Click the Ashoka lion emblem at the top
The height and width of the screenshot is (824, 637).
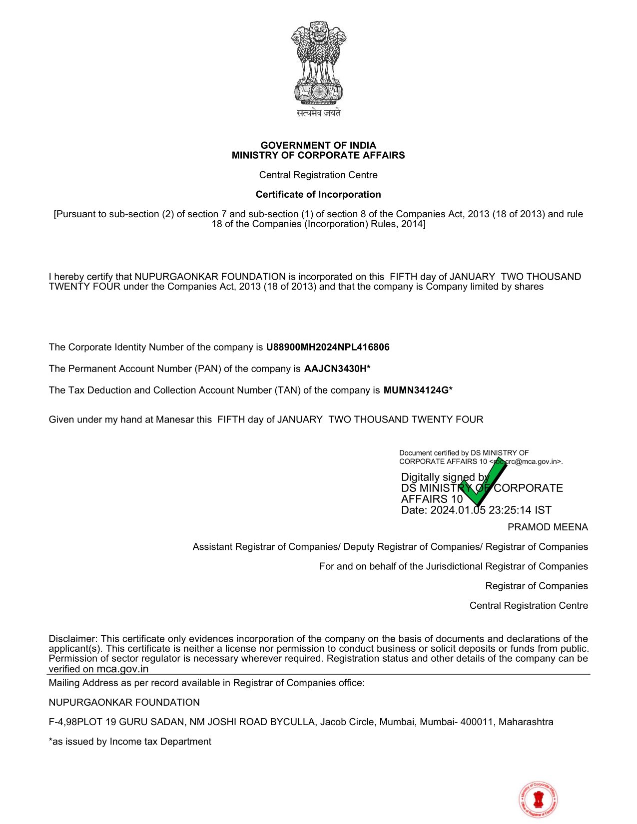click(319, 62)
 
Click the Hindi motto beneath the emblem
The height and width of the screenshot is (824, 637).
click(319, 113)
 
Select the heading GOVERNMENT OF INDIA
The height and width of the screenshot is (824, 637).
click(318, 145)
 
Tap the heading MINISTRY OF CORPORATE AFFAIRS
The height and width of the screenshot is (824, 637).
click(318, 155)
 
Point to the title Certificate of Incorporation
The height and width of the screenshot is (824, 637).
click(318, 194)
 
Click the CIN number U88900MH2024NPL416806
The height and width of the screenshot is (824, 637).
click(328, 347)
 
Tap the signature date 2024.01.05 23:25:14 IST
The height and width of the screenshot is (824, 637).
click(491, 510)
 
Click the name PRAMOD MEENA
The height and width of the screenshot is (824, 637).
click(548, 527)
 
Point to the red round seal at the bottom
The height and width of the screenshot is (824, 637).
click(538, 800)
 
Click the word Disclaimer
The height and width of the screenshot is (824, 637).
click(73, 639)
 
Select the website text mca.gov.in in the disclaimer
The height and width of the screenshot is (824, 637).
click(122, 669)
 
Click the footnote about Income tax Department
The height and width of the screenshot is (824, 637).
click(130, 741)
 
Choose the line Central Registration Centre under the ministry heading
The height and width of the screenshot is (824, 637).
click(318, 175)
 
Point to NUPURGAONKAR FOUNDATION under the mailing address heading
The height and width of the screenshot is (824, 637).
click(124, 702)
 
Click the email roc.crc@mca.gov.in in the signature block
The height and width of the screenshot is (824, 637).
click(526, 461)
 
